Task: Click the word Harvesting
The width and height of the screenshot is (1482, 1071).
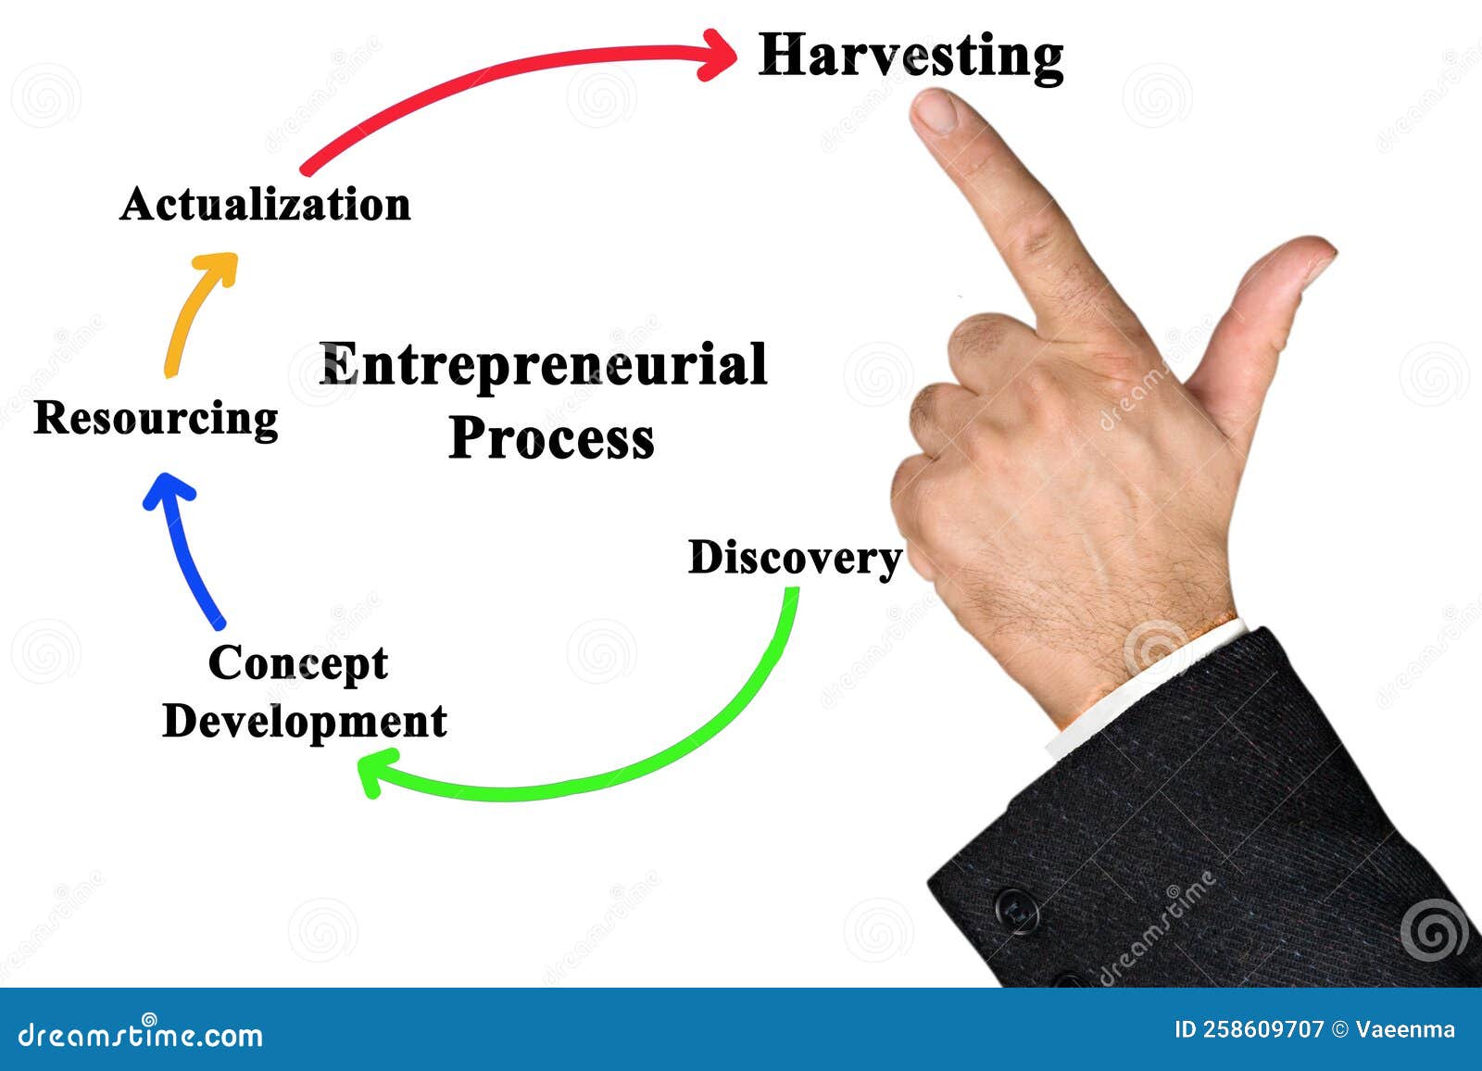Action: [x=911, y=57]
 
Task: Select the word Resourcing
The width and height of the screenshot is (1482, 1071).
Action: [x=157, y=419]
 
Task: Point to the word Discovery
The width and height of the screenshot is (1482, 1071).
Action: [x=795, y=560]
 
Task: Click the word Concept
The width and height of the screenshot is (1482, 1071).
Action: [x=298, y=664]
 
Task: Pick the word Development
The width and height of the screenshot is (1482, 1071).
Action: [x=305, y=722]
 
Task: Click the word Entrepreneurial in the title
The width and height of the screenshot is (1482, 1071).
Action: [x=543, y=366]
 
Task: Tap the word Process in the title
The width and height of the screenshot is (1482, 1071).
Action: [x=551, y=439]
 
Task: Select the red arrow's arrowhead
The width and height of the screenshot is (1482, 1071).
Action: [x=718, y=55]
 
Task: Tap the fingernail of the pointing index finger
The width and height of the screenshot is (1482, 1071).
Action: [x=936, y=110]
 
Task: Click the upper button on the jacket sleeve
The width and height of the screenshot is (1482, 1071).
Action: [x=1017, y=910]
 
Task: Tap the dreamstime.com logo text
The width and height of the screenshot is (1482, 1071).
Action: [x=140, y=1035]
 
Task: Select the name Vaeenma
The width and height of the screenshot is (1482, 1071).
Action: [x=1404, y=1029]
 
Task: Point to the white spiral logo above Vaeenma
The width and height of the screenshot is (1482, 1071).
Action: [x=1434, y=929]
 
